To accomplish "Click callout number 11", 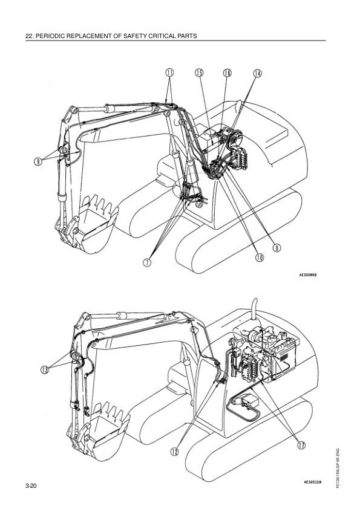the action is coord(169,73).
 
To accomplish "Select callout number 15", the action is coord(199,73).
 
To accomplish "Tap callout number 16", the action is coord(227,73).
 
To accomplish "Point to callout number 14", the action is coord(257,73).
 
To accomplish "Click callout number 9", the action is coord(38,161).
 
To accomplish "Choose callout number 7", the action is coord(148,262).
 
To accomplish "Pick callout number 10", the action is coord(260,258).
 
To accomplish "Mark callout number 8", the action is coord(277,248).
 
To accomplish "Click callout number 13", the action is coord(45,369).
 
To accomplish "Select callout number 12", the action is coord(175,451).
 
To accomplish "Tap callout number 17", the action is coord(301,445).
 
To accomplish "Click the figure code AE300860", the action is coord(308,274).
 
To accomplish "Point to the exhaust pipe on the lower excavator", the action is coord(254,309).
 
